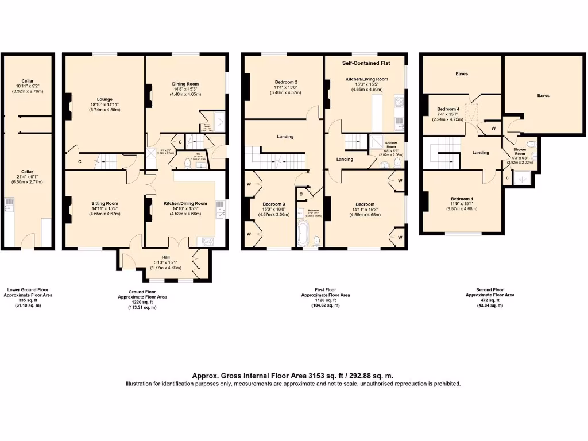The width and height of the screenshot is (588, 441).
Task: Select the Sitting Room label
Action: point(104,203)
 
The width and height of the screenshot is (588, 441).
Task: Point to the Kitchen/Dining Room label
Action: point(185,203)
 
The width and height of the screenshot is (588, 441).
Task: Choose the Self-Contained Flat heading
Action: point(365,63)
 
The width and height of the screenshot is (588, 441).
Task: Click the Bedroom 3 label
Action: point(274,204)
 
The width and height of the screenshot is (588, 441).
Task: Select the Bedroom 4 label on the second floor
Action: point(448,109)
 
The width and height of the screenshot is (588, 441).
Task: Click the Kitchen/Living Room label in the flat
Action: point(366,79)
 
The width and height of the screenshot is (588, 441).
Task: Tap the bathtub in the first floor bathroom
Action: point(302,234)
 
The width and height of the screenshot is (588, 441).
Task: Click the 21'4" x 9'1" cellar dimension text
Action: point(27,177)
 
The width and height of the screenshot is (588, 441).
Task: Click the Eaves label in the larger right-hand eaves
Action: point(543,96)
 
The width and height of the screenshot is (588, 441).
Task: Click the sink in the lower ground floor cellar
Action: point(9,203)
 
